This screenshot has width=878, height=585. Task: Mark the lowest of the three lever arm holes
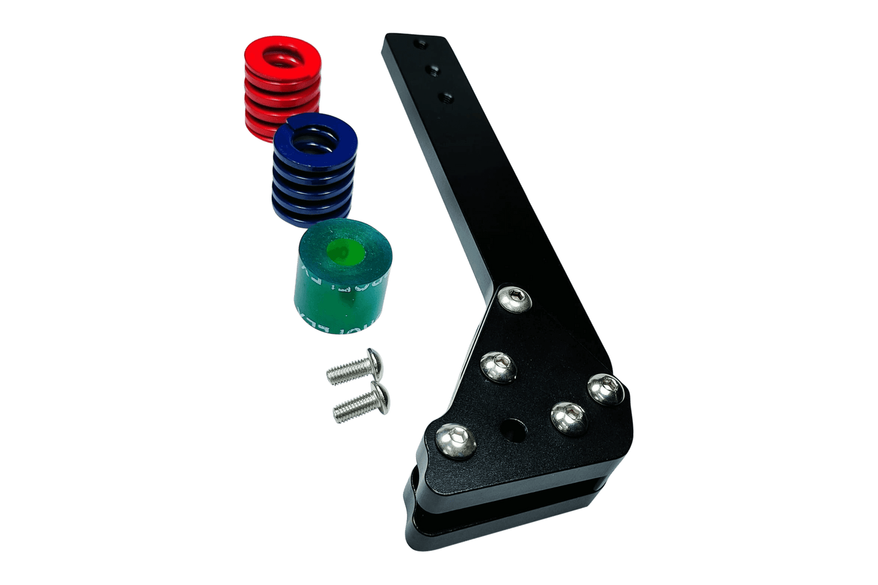point(447,97)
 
